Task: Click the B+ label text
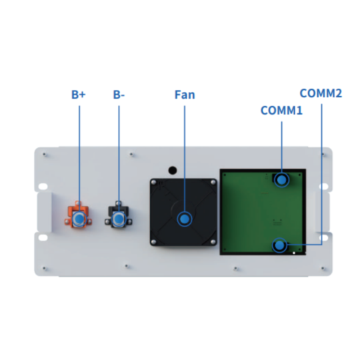tap(79, 95)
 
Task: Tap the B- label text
tap(119, 95)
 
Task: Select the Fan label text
tap(185, 95)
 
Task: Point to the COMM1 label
tap(281, 111)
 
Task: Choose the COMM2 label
tap(321, 93)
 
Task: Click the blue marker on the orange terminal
tap(79, 219)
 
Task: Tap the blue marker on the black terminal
tap(119, 219)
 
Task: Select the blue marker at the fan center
tap(185, 219)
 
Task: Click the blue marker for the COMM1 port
tap(282, 179)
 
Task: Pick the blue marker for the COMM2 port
tap(279, 245)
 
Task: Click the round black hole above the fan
tap(173, 171)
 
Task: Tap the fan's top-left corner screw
tap(154, 183)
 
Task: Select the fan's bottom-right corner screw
tap(213, 242)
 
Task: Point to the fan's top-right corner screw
tap(213, 183)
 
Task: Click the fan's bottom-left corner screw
tap(154, 242)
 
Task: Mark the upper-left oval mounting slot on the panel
tap(43, 186)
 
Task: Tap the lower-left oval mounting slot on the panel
tap(43, 237)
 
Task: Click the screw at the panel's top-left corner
tap(44, 154)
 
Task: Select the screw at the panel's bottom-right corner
tap(323, 268)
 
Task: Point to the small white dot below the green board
tap(294, 253)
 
